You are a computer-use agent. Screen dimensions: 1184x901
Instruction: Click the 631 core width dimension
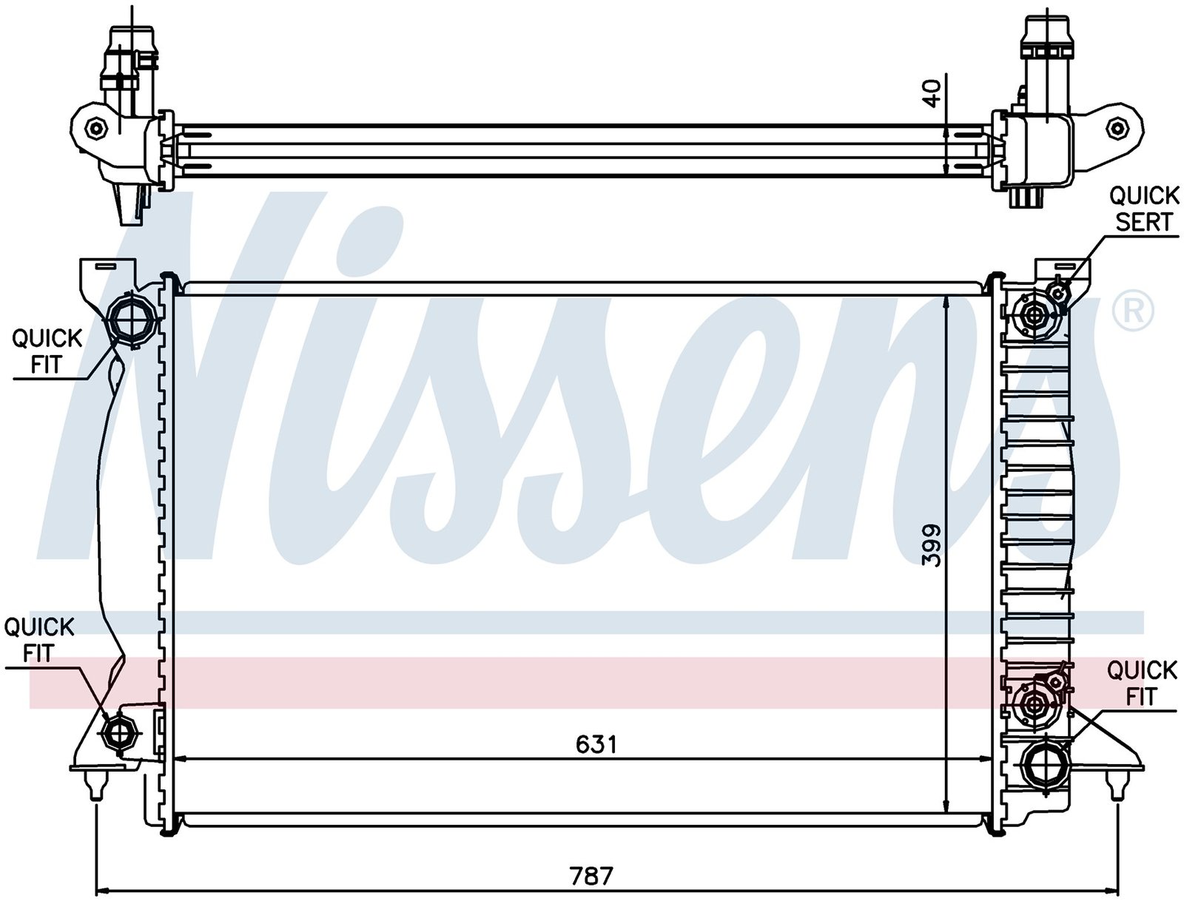click(x=596, y=745)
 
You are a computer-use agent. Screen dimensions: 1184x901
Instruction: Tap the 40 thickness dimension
click(x=932, y=93)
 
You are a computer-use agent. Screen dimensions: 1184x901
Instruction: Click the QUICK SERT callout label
click(x=1143, y=209)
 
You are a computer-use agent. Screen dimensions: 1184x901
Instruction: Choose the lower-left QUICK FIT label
click(x=38, y=640)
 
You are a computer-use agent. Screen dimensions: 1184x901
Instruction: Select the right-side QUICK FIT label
click(x=1141, y=684)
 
